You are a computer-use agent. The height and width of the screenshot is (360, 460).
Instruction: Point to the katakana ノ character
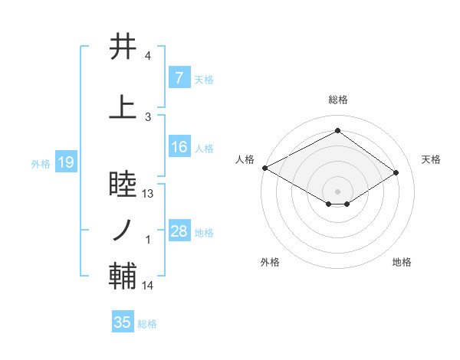[123, 229]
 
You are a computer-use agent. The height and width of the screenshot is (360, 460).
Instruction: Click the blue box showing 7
[179, 78]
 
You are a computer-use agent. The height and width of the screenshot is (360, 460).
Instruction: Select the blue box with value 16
[179, 148]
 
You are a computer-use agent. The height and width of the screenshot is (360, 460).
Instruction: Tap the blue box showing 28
[179, 232]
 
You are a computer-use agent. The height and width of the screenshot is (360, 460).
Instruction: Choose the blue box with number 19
[65, 162]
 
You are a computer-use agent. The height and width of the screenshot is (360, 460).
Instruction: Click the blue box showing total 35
[123, 322]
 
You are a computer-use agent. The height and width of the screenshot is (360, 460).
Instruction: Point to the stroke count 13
[149, 194]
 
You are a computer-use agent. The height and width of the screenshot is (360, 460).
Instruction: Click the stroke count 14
[149, 286]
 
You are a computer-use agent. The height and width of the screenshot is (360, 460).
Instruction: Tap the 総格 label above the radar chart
[337, 100]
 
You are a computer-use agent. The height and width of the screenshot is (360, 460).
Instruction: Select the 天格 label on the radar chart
[432, 159]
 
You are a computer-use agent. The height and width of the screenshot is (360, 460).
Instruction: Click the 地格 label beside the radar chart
[402, 262]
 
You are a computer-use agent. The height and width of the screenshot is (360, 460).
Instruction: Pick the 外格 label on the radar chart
[270, 262]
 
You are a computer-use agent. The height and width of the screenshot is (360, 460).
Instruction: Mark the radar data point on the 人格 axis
[264, 168]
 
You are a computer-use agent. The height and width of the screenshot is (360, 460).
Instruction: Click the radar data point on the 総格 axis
[337, 130]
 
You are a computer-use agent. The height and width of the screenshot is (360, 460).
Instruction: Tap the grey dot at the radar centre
[337, 190]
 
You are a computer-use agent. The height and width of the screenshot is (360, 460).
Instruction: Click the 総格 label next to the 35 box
[147, 324]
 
